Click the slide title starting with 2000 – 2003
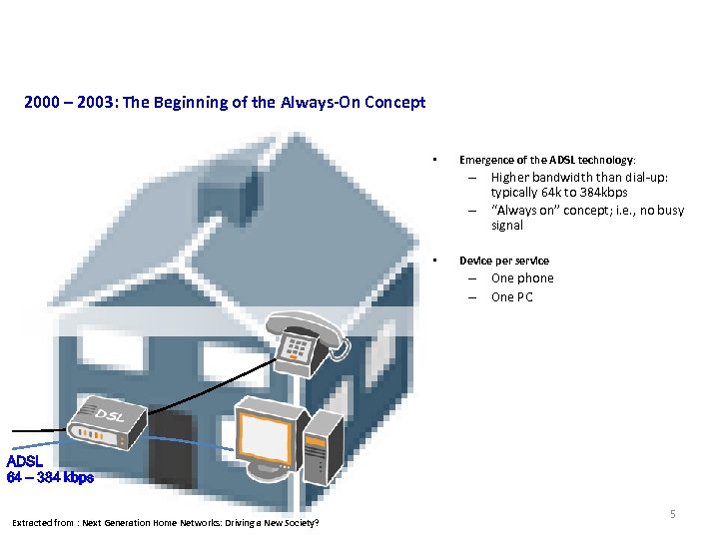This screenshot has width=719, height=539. tap(225, 102)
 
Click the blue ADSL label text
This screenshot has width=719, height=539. tap(25, 462)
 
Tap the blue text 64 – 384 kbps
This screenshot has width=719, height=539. tap(50, 478)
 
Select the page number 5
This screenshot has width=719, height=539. tap(672, 514)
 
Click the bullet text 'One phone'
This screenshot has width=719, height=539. tap(521, 278)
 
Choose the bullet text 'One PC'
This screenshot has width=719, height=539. tap(511, 297)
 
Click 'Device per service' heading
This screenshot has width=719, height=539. tap(503, 261)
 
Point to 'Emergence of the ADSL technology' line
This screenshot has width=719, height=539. tap(545, 160)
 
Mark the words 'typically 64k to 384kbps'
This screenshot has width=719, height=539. tap(559, 193)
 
